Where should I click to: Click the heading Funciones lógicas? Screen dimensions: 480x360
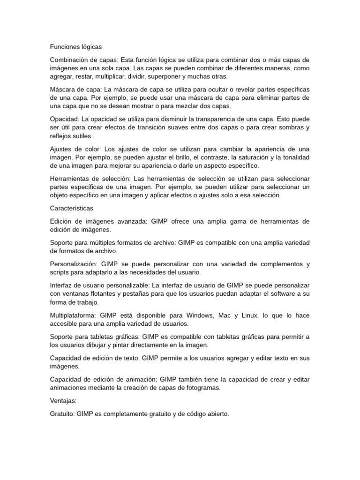point(75,47)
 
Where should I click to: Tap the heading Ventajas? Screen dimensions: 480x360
point(64,401)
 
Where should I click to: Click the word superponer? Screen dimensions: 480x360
point(164,76)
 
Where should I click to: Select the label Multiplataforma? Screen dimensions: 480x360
point(73,316)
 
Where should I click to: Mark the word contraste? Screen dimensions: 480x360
point(210,157)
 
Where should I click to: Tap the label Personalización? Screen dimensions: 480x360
point(73,264)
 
